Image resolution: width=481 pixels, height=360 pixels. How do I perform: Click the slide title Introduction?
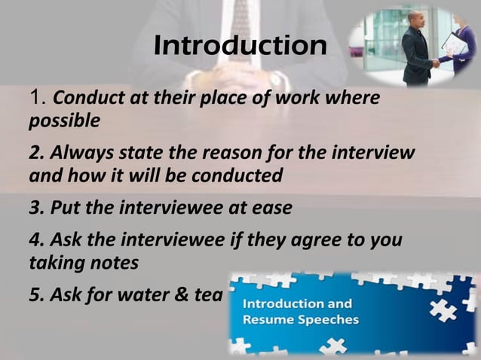point(240,47)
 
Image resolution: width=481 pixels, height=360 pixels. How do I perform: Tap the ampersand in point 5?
point(185,294)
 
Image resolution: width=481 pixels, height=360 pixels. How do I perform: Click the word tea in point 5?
point(208,294)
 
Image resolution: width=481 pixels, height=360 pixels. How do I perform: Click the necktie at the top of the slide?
point(240,15)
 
